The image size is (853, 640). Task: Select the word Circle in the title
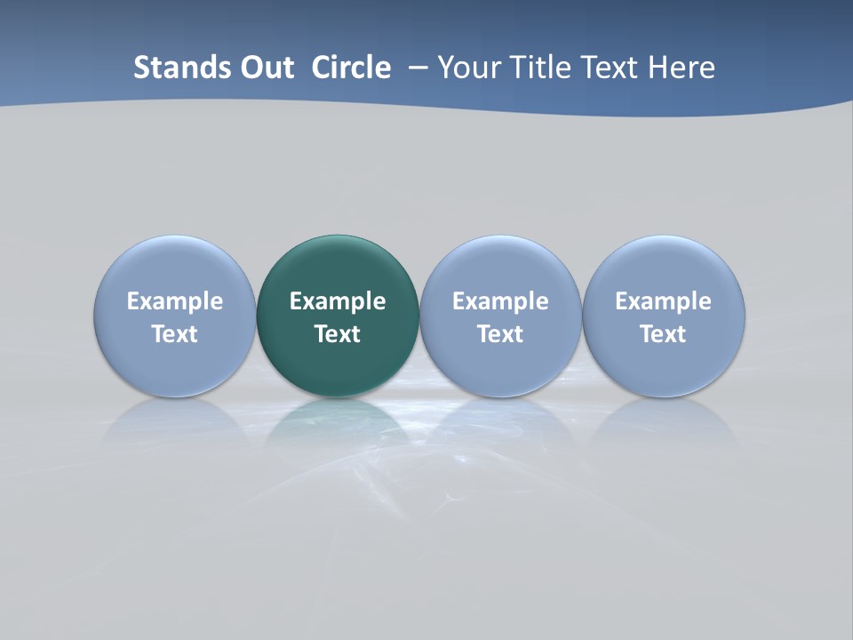click(x=351, y=68)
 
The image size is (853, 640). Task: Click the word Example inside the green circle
click(x=338, y=301)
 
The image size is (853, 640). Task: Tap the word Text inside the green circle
click(x=338, y=334)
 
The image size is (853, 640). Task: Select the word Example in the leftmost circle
click(x=175, y=301)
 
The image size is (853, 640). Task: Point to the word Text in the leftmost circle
click(x=175, y=334)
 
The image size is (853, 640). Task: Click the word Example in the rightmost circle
click(x=664, y=301)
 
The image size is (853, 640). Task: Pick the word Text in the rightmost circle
click(x=664, y=334)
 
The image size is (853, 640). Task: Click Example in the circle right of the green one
click(x=500, y=301)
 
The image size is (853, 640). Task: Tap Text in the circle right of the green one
click(x=500, y=334)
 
